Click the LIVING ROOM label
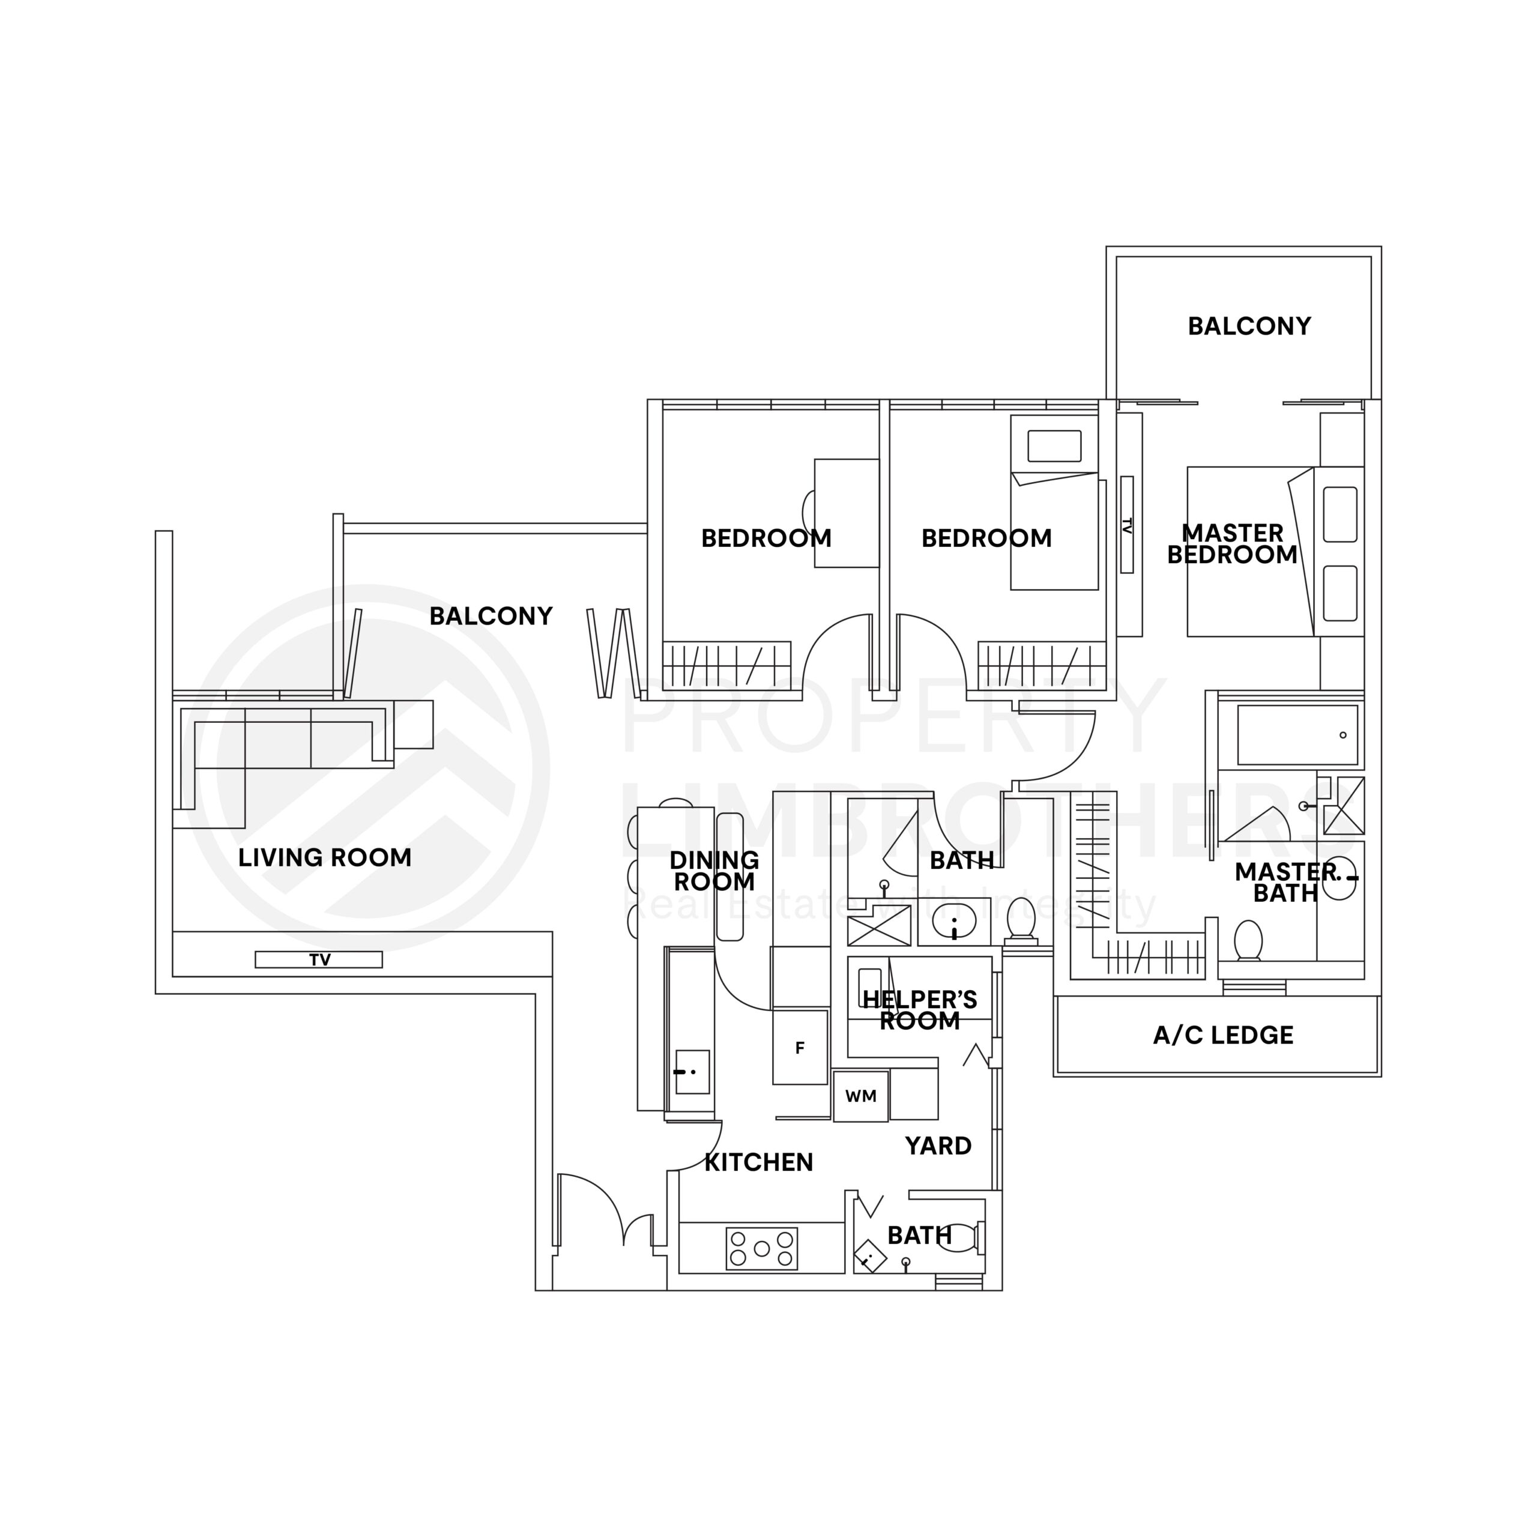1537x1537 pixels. (x=325, y=857)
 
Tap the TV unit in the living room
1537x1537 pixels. (x=318, y=959)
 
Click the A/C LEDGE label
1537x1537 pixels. (x=1223, y=1035)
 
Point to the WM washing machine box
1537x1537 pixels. (x=860, y=1096)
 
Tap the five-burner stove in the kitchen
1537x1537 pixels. (x=761, y=1248)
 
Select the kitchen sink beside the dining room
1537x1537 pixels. (x=691, y=1072)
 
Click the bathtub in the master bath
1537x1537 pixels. (x=1297, y=734)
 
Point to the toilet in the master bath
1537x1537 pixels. (x=1248, y=941)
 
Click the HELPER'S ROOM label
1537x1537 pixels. (x=920, y=1009)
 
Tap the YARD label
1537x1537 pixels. (x=938, y=1146)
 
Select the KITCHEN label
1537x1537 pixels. (x=758, y=1162)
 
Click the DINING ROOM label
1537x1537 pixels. (x=714, y=871)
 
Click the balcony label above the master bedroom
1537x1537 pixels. (x=1249, y=325)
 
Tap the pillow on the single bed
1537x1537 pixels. (x=1054, y=445)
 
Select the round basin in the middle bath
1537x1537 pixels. (x=953, y=923)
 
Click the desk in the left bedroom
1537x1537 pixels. (x=846, y=513)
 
